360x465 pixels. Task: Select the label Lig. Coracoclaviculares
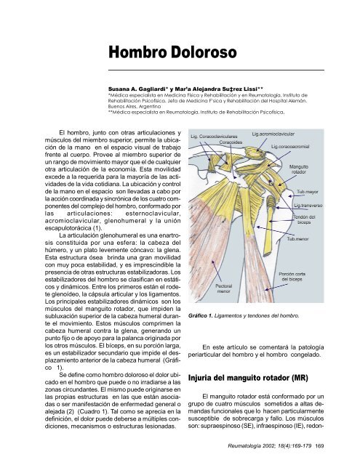[221, 135]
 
